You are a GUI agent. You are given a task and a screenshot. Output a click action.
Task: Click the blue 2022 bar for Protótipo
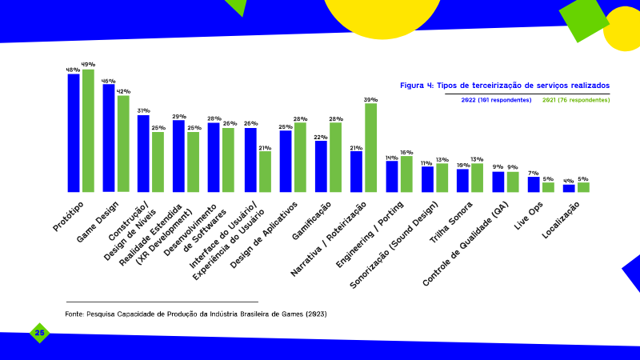coord(74,133)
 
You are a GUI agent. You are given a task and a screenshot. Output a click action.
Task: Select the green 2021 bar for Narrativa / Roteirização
coord(370,148)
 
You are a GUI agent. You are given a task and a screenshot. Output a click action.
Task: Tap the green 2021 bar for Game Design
coord(123,144)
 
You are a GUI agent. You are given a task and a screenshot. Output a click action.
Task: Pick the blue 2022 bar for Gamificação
coord(321,166)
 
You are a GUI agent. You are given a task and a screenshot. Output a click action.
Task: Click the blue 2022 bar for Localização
coord(569,189)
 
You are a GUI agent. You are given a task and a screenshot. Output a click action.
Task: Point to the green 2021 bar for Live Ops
coord(548,187)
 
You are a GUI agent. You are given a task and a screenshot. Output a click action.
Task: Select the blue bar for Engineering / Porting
coord(392,177)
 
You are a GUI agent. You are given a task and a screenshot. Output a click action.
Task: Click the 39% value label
coord(370,99)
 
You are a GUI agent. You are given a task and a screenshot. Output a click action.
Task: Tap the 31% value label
coord(143,110)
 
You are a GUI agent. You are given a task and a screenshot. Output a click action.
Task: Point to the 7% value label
coord(533,173)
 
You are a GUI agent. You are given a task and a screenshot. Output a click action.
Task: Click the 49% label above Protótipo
coord(88,65)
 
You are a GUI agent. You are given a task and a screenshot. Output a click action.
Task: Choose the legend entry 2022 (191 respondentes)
coord(496,100)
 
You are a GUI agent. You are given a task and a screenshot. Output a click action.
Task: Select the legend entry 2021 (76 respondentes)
coord(576,100)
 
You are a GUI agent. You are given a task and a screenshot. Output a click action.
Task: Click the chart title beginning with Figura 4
coord(505,86)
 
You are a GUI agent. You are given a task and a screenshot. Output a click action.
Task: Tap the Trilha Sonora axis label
coord(450,222)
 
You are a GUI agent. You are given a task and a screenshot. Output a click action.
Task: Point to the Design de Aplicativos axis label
coord(263,235)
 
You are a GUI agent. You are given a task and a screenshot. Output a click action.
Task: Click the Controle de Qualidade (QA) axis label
coord(466,244)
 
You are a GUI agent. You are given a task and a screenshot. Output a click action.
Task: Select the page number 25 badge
coord(39,333)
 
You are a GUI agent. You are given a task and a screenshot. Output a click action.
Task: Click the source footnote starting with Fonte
coord(196,314)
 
